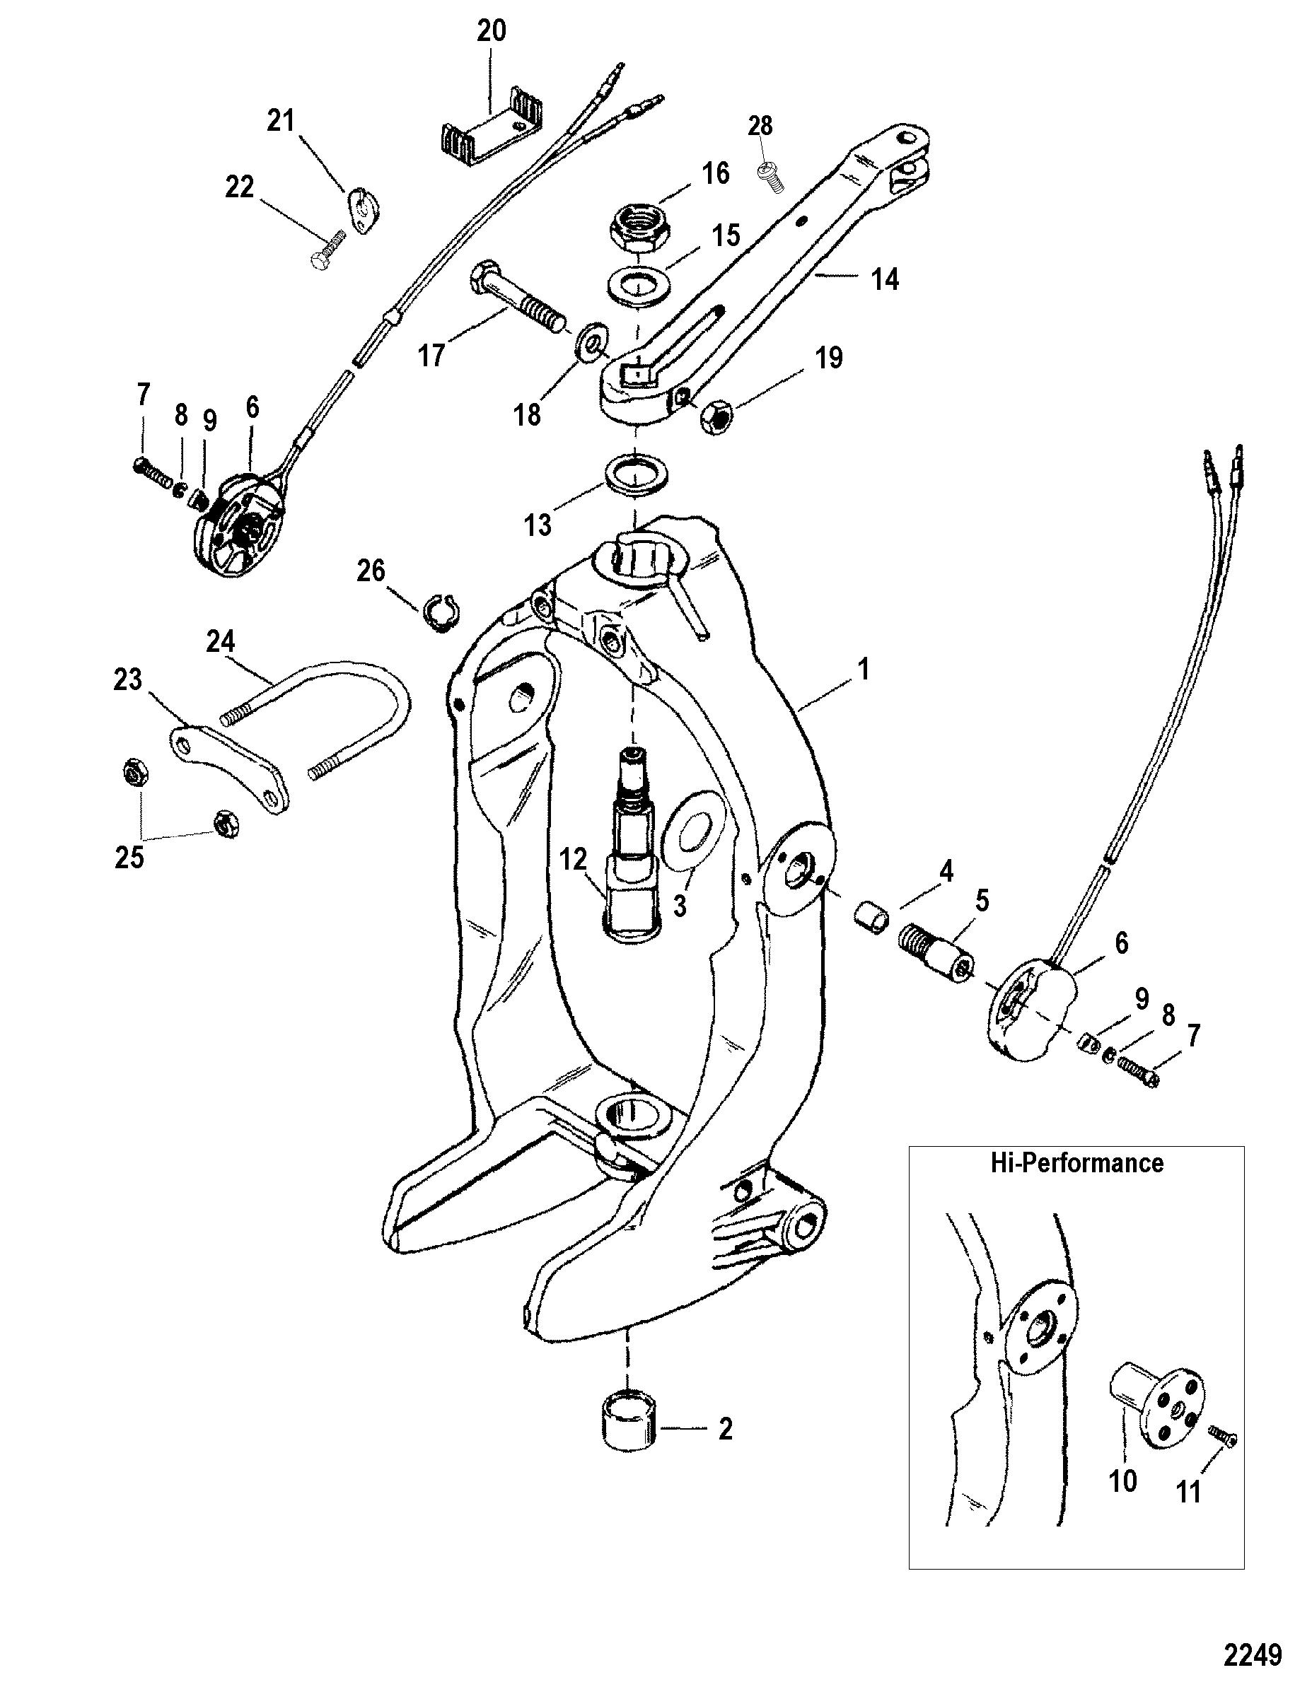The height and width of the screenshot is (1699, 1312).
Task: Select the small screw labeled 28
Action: pos(767,170)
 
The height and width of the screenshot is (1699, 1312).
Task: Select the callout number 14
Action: pos(885,279)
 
